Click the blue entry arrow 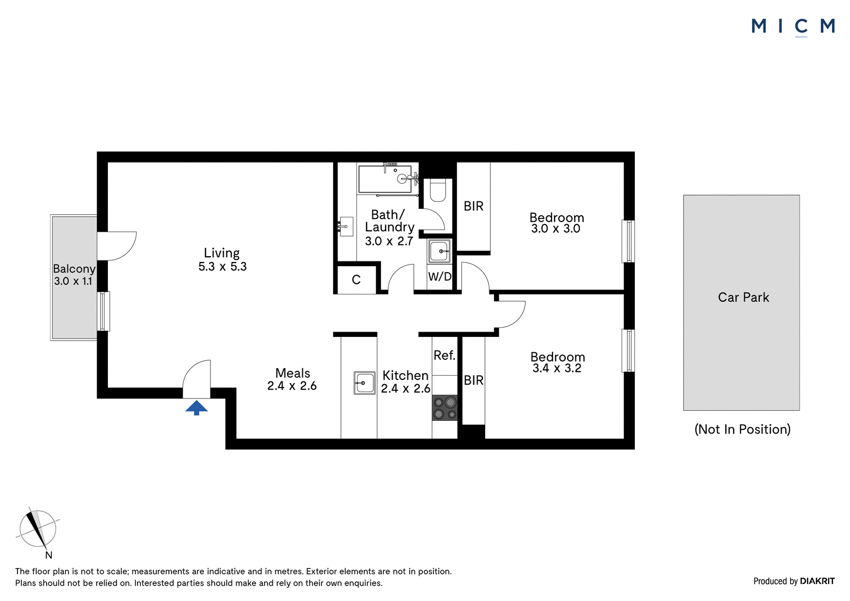tap(197, 408)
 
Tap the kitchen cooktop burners tap(445, 408)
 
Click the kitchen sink tap(364, 383)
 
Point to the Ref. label tap(444, 355)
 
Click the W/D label tap(440, 276)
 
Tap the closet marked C tap(356, 280)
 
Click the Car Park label tap(743, 297)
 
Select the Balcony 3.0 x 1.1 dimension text tap(73, 281)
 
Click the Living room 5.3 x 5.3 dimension tap(223, 267)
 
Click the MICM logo tap(793, 27)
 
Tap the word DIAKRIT tap(818, 581)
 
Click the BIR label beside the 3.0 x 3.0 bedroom tap(473, 206)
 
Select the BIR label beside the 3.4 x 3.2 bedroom tap(473, 380)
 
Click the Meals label tap(293, 373)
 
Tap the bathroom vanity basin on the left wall tap(346, 227)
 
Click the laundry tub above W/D tap(439, 251)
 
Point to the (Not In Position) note tap(743, 429)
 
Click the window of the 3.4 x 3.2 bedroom tap(628, 350)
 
